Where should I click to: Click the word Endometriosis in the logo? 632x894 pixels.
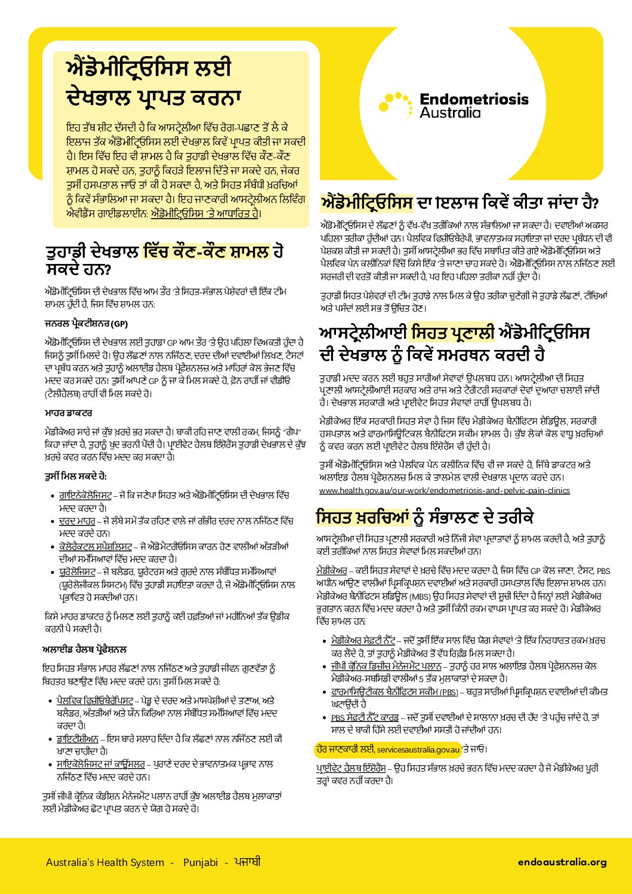click(x=474, y=99)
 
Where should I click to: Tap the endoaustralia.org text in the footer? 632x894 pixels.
click(x=562, y=862)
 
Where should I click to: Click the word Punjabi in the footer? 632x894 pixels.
click(x=201, y=862)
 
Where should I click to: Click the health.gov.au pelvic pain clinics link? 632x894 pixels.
click(x=444, y=490)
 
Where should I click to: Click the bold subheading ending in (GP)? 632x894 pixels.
click(x=87, y=324)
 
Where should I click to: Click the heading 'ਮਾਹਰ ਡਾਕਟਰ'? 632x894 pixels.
click(x=68, y=413)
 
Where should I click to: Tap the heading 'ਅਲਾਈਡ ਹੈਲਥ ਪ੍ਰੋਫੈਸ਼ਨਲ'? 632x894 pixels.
click(x=85, y=649)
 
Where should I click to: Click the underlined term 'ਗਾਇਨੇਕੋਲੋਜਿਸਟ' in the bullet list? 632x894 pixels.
click(x=85, y=496)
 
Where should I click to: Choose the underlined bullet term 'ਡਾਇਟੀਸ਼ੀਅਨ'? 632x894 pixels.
click(x=77, y=739)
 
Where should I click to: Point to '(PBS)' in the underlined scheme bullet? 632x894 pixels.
click(x=449, y=692)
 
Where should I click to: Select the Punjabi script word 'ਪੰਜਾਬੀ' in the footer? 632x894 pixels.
click(x=247, y=862)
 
